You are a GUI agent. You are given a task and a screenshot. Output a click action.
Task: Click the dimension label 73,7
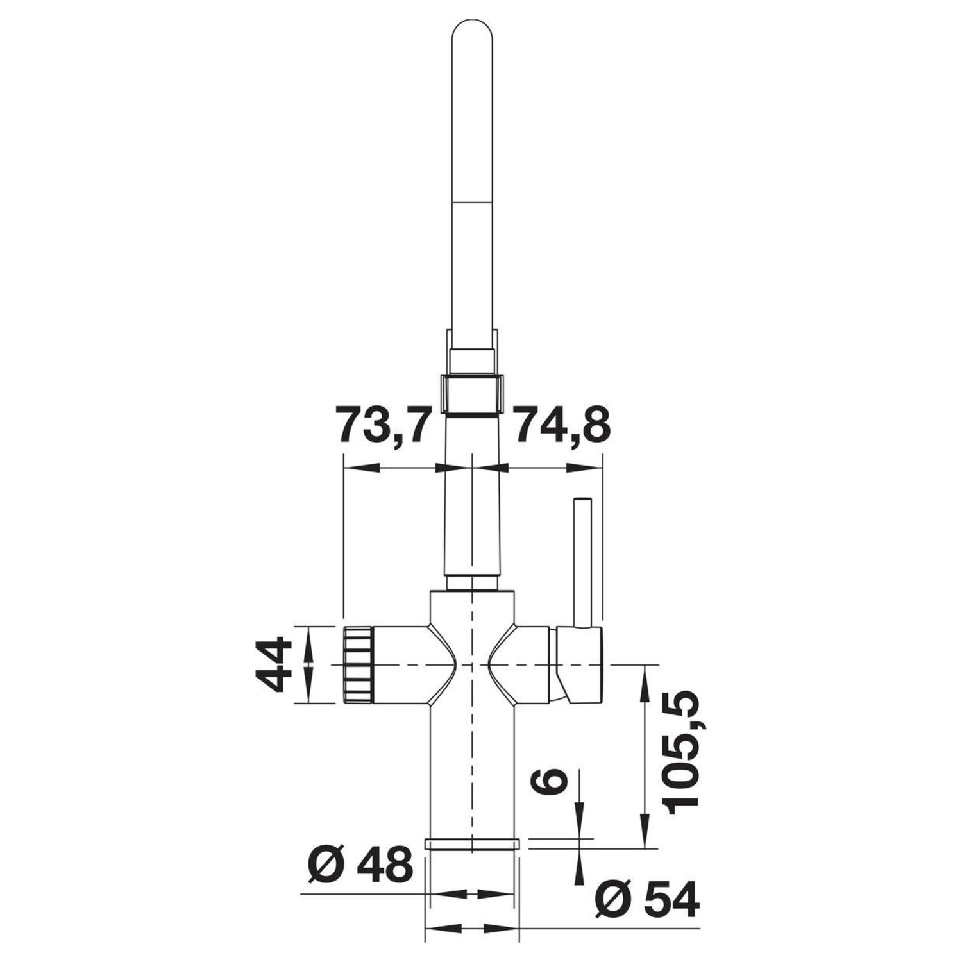pos(381,424)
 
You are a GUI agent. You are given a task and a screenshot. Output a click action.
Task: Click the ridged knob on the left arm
pos(358,664)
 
